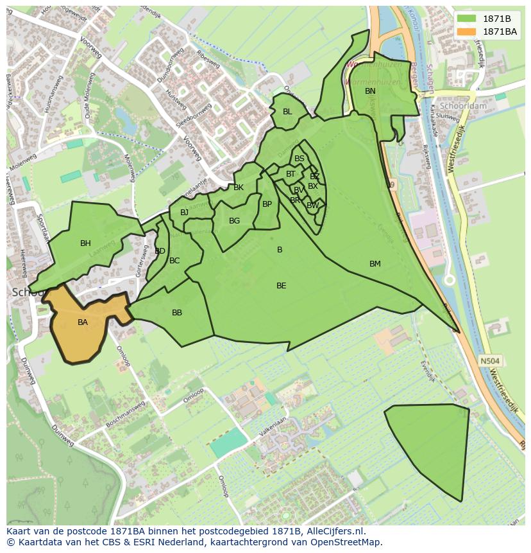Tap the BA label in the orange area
click(83, 322)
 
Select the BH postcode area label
click(85, 243)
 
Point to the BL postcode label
click(287, 112)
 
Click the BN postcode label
click(370, 91)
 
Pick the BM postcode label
click(375, 264)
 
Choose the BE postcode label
click(281, 286)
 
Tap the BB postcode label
click(177, 313)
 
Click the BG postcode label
click(234, 221)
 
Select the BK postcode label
click(239, 188)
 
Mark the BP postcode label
click(267, 205)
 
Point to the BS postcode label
click(299, 159)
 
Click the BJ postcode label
click(185, 213)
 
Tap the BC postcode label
click(174, 261)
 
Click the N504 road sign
click(490, 361)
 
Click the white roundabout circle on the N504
click(450, 280)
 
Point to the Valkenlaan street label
click(273, 429)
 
